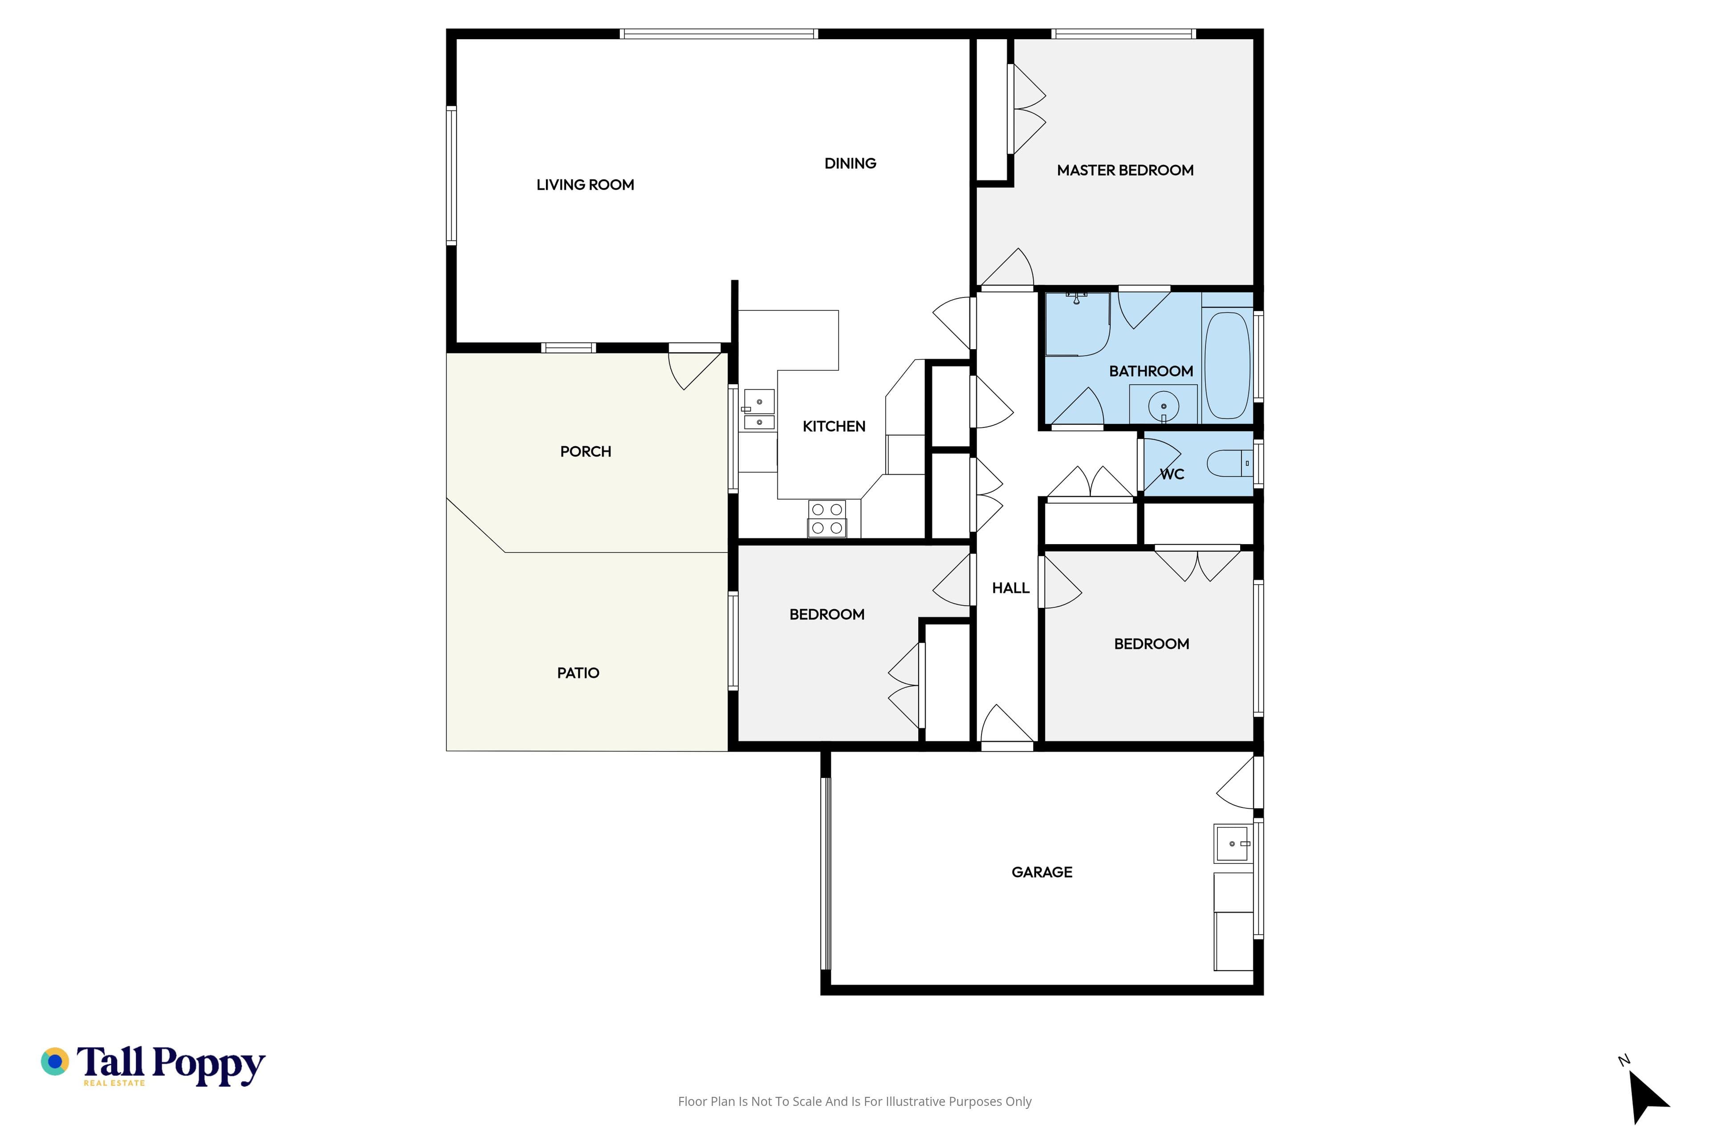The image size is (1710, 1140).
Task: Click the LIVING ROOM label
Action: pos(585,185)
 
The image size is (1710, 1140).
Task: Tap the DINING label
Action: pos(850,163)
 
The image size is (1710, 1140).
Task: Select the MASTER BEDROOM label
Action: pos(1125,170)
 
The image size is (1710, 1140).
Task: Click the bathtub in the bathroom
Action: pos(1227,365)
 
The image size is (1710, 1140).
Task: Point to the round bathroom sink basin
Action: pos(1163,407)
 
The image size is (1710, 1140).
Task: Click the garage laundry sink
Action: pos(1232,843)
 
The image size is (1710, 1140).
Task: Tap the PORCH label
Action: pos(585,452)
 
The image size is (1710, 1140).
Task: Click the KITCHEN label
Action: pos(834,427)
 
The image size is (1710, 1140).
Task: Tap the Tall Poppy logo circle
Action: pos(54,1062)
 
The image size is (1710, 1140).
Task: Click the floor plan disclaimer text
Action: pos(854,1101)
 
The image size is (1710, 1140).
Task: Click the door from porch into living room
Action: pos(694,367)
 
